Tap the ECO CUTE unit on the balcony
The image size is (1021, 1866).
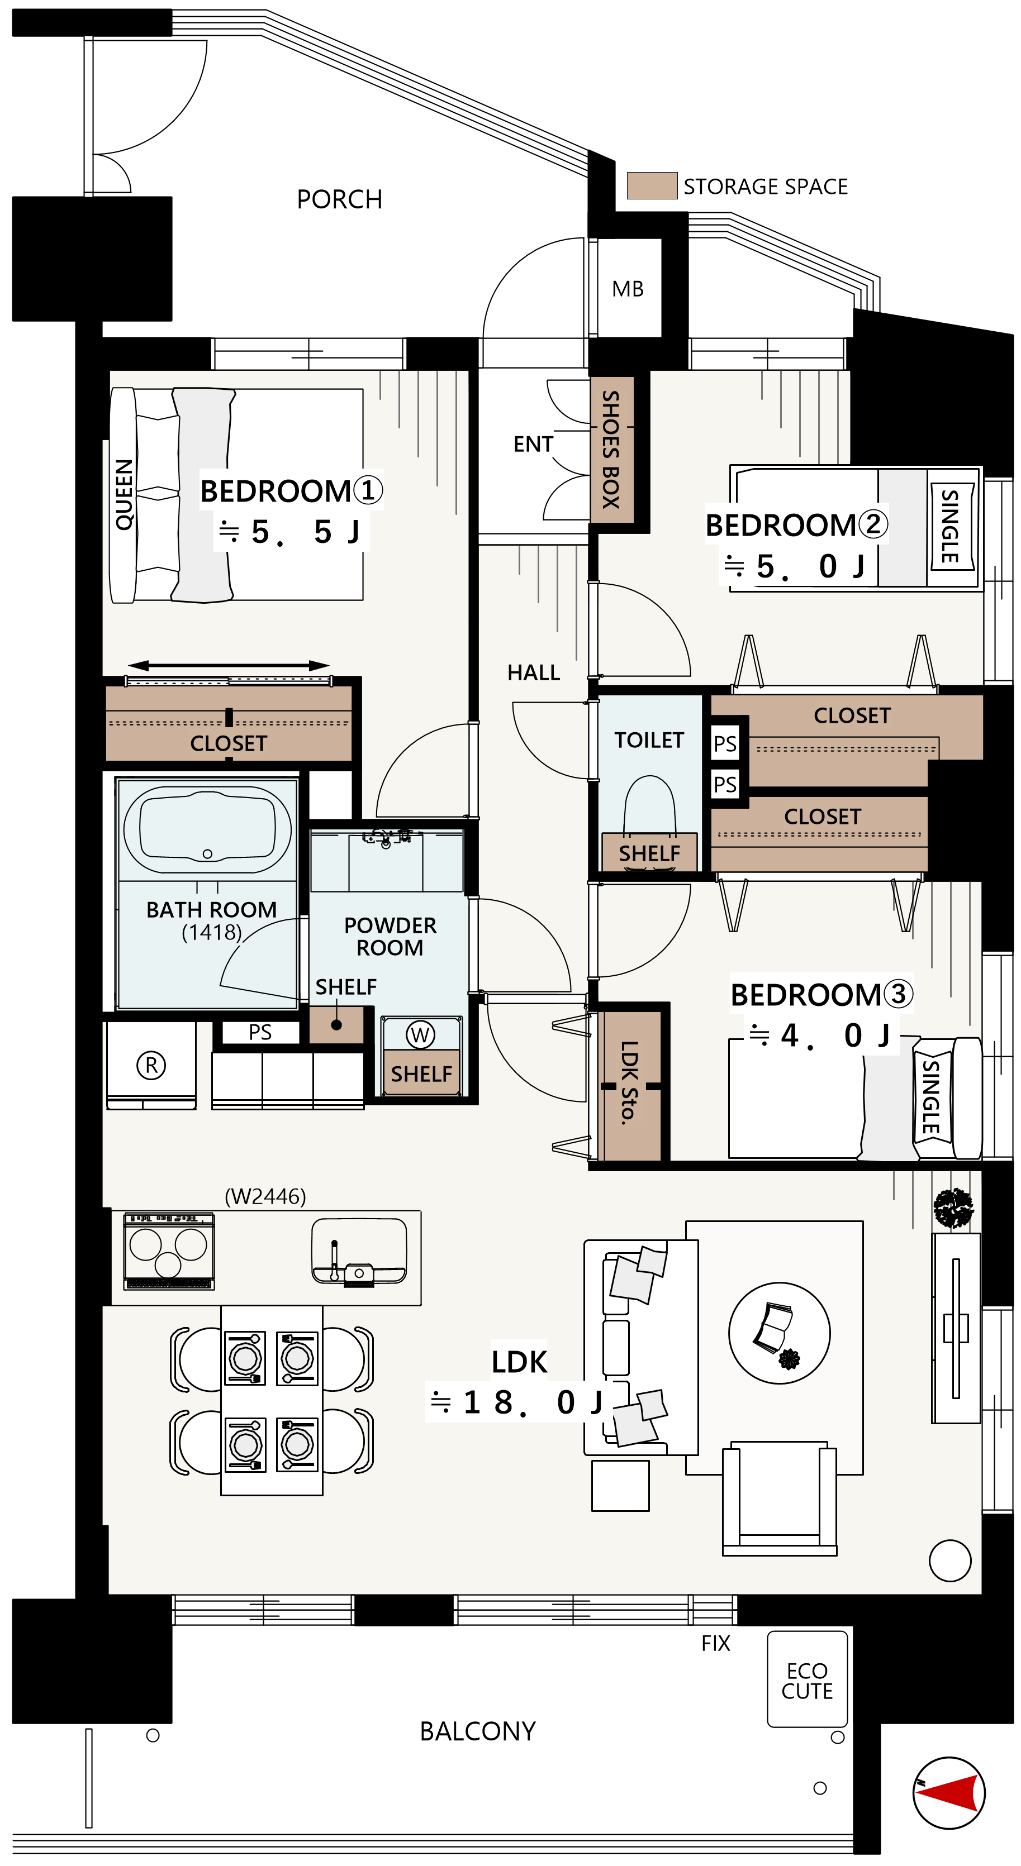click(807, 1678)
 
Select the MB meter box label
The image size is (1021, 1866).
click(628, 289)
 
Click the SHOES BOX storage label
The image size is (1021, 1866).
click(611, 449)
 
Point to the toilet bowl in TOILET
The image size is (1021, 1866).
click(649, 812)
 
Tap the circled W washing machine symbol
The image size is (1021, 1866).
click(420, 1034)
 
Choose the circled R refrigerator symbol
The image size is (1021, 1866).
click(151, 1065)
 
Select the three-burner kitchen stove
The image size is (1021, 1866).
click(169, 1251)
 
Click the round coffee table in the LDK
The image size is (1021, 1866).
click(779, 1333)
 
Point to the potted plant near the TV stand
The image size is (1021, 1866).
click(953, 1208)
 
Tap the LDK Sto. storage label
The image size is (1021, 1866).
click(629, 1082)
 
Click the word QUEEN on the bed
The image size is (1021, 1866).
click(124, 494)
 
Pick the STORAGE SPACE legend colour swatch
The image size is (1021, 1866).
click(652, 185)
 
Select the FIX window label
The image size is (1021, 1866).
click(715, 1643)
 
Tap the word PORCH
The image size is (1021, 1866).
click(339, 199)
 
